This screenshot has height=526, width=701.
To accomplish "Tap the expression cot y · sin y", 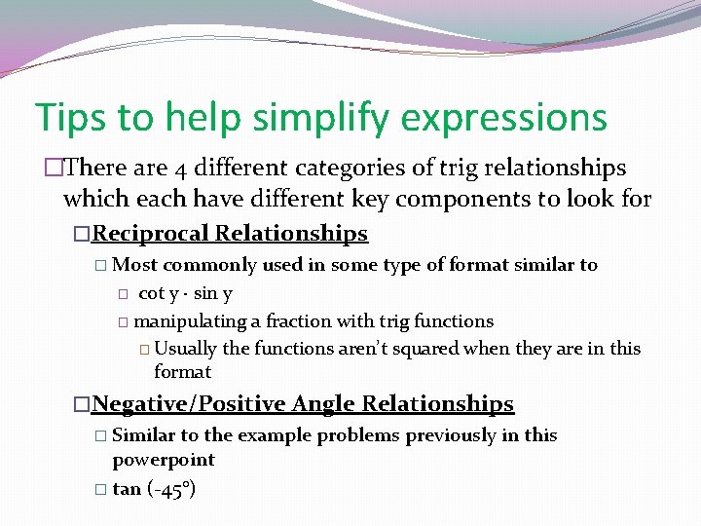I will (185, 293).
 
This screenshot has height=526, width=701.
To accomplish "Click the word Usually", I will (185, 348).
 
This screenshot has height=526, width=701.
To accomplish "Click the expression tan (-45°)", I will (155, 489).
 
